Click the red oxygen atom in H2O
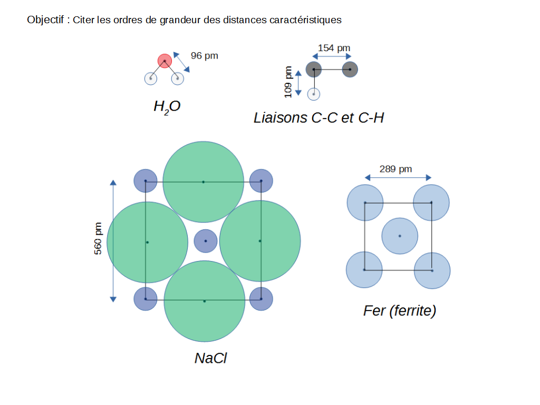pyautogui.click(x=165, y=61)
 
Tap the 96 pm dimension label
pyautogui.click(x=204, y=55)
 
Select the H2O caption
pyautogui.click(x=167, y=107)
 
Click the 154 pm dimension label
pyautogui.click(x=334, y=48)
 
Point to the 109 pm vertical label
pyautogui.click(x=288, y=82)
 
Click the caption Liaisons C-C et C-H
pyautogui.click(x=319, y=118)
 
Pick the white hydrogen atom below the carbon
pyautogui.click(x=314, y=94)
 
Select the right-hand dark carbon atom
pyautogui.click(x=350, y=69)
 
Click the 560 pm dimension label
pyautogui.click(x=98, y=239)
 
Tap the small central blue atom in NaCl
pyautogui.click(x=206, y=241)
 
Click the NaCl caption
pyautogui.click(x=210, y=358)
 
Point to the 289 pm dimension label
pyautogui.click(x=396, y=169)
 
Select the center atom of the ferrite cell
pyautogui.click(x=400, y=236)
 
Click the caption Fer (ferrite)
pyautogui.click(x=399, y=311)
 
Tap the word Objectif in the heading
pyautogui.click(x=46, y=20)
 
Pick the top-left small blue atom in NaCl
pyautogui.click(x=146, y=181)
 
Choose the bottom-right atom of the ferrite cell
pyautogui.click(x=432, y=271)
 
